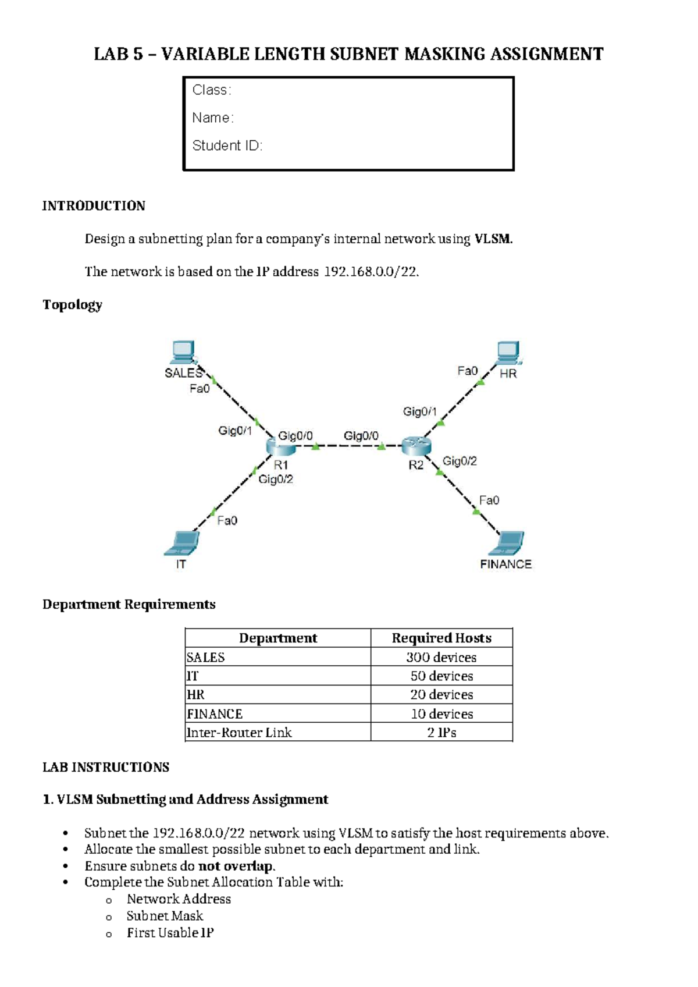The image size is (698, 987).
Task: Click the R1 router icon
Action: [x=280, y=448]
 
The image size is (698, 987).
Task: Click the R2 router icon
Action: [x=416, y=446]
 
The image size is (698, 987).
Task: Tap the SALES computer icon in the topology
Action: [x=183, y=352]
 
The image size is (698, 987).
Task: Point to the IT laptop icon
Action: [x=183, y=544]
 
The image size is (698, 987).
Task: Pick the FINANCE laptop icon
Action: [x=507, y=544]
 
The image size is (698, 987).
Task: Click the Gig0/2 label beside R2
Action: [x=460, y=461]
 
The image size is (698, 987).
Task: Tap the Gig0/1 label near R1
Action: [x=235, y=431]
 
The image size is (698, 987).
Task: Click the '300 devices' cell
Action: [x=441, y=657]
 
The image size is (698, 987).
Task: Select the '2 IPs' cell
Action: [x=441, y=732]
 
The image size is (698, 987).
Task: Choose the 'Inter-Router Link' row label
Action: [x=239, y=732]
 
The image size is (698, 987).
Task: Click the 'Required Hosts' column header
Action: [x=441, y=638]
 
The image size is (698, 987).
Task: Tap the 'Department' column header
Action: [x=278, y=638]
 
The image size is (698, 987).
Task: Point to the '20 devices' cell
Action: [x=441, y=694]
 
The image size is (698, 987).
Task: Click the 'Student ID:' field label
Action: [x=227, y=145]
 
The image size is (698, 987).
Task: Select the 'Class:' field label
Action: [x=212, y=90]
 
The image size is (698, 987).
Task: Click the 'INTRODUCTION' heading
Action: [x=94, y=206]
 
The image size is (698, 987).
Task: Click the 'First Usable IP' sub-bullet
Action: [x=170, y=933]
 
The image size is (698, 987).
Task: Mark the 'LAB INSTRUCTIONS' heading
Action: [x=106, y=767]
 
